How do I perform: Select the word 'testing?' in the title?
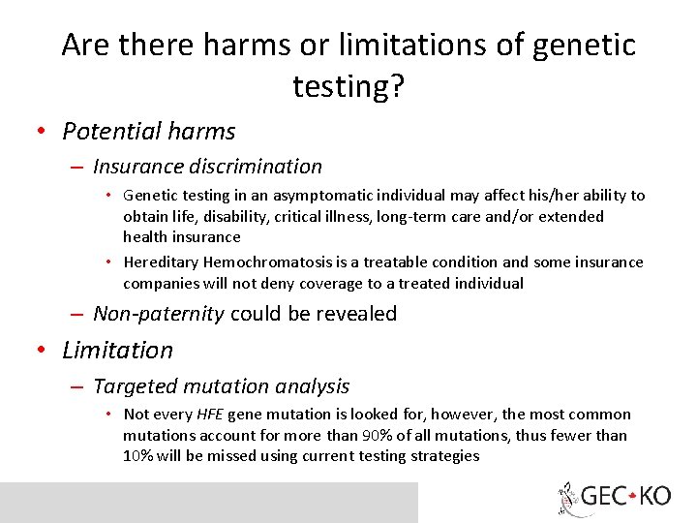pos(348,87)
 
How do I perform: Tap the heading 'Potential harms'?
pos(148,131)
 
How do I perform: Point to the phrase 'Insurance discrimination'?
pos(207,167)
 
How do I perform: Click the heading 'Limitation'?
pos(117,350)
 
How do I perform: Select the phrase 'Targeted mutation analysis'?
pos(221,386)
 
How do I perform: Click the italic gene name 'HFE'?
pos(210,415)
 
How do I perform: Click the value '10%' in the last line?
pos(139,455)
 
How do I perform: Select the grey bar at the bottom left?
pos(208,502)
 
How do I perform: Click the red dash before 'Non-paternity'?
pos(78,315)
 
